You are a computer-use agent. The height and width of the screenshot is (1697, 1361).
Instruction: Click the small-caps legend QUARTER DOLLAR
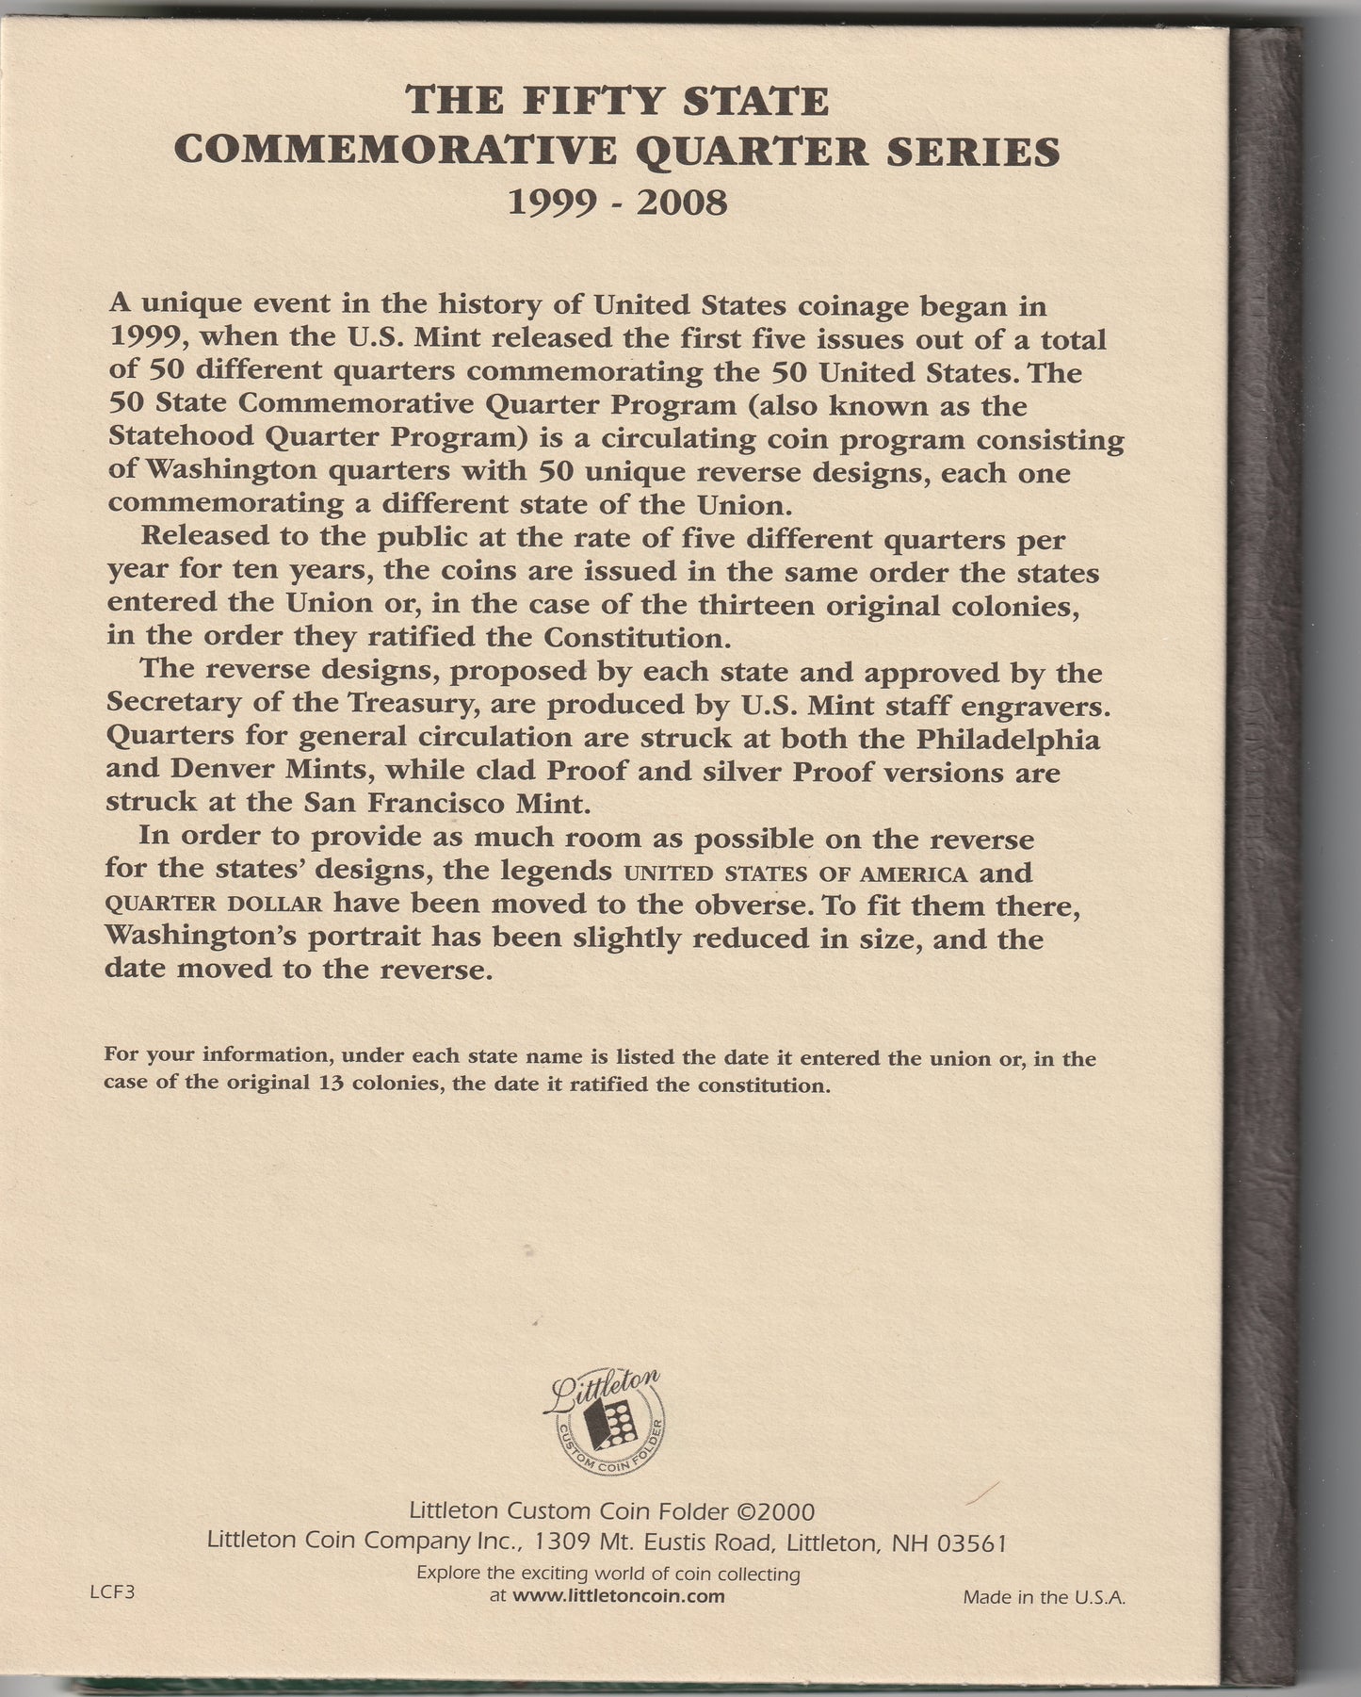pyautogui.click(x=216, y=905)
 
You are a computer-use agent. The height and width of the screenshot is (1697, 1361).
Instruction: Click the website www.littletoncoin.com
pyautogui.click(x=622, y=1595)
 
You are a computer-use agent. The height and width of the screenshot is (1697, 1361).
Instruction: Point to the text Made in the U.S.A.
pyautogui.click(x=1044, y=1596)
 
